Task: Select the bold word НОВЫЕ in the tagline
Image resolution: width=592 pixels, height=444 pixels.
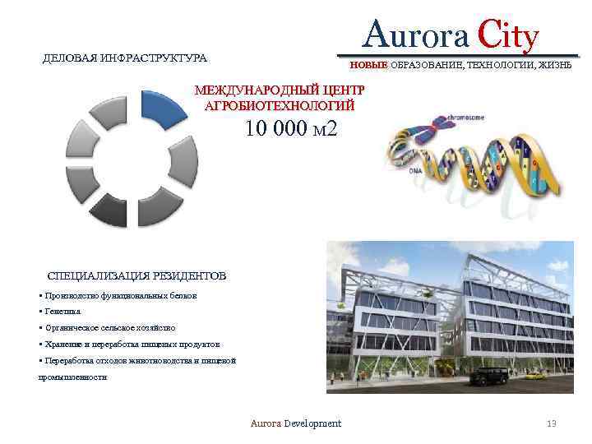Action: pyautogui.click(x=369, y=65)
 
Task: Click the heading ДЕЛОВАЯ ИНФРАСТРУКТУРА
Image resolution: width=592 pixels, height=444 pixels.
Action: pyautogui.click(x=125, y=58)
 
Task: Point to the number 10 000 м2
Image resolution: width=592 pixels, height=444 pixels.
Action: pyautogui.click(x=290, y=130)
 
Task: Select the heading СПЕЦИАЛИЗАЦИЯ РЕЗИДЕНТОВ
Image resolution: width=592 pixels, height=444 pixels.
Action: pyautogui.click(x=136, y=275)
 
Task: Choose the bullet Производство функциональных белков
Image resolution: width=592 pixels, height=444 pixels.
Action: pyautogui.click(x=119, y=294)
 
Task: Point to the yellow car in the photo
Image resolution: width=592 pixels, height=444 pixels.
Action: pyautogui.click(x=535, y=376)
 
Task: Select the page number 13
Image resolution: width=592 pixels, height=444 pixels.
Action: pyautogui.click(x=551, y=423)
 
